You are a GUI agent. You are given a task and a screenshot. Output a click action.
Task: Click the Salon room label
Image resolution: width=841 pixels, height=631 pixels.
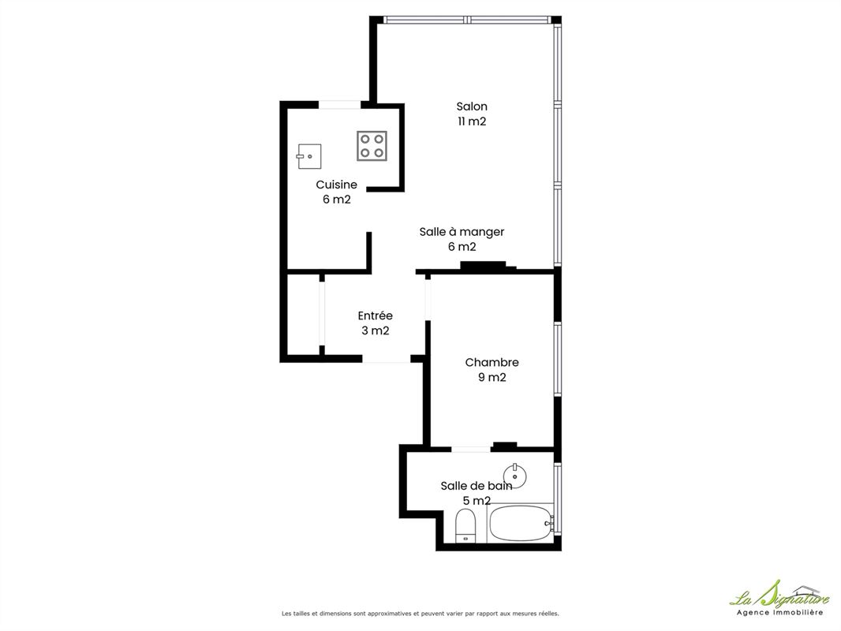coord(472,106)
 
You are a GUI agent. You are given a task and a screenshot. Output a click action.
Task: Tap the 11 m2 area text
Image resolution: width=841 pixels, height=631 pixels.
coord(472,121)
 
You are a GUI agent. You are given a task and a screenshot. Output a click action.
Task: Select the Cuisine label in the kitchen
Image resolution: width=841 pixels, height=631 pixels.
coord(336,185)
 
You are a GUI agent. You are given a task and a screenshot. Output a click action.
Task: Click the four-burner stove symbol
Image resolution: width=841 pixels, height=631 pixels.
coord(372,146)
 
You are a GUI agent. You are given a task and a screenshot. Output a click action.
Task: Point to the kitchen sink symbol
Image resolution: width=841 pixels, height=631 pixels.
coord(309,156)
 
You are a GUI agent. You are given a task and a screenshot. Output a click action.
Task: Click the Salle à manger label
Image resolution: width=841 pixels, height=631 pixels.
coord(462,232)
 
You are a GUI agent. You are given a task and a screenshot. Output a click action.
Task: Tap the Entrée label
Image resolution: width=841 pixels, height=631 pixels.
coord(375,315)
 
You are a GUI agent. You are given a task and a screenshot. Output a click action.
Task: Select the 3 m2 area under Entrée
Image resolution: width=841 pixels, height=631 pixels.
coord(375,330)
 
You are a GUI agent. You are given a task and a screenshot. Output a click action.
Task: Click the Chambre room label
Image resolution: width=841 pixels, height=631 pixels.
coord(492,362)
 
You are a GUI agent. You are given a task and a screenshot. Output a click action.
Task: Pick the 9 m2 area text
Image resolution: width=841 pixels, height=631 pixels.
coord(492,378)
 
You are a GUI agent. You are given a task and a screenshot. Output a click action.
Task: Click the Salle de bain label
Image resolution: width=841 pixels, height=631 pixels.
coord(477,486)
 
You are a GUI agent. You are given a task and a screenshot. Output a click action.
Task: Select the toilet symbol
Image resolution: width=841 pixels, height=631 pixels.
coord(465,526)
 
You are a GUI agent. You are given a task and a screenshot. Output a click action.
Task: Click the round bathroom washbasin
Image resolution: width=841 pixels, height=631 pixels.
coord(515,475)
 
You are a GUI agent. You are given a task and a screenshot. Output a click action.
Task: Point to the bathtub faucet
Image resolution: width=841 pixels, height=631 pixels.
coord(548,521)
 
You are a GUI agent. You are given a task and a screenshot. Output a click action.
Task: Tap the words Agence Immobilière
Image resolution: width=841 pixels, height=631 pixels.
coord(779,612)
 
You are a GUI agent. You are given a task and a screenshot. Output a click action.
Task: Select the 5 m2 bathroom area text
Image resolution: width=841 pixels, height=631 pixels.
coord(477,501)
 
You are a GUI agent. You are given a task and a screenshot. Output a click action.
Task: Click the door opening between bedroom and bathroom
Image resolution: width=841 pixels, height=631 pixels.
coord(471,450)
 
